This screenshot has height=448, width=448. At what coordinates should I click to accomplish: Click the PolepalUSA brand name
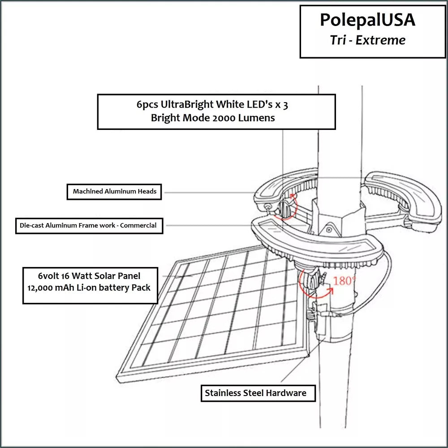(367, 20)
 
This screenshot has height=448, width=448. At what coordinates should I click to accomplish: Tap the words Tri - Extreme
(367, 40)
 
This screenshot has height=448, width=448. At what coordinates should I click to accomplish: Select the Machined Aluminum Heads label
(115, 191)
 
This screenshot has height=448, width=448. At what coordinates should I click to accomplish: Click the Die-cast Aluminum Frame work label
(88, 225)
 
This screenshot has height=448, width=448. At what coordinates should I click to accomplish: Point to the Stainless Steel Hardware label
(256, 393)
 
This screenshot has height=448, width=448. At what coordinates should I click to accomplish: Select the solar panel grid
(215, 314)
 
